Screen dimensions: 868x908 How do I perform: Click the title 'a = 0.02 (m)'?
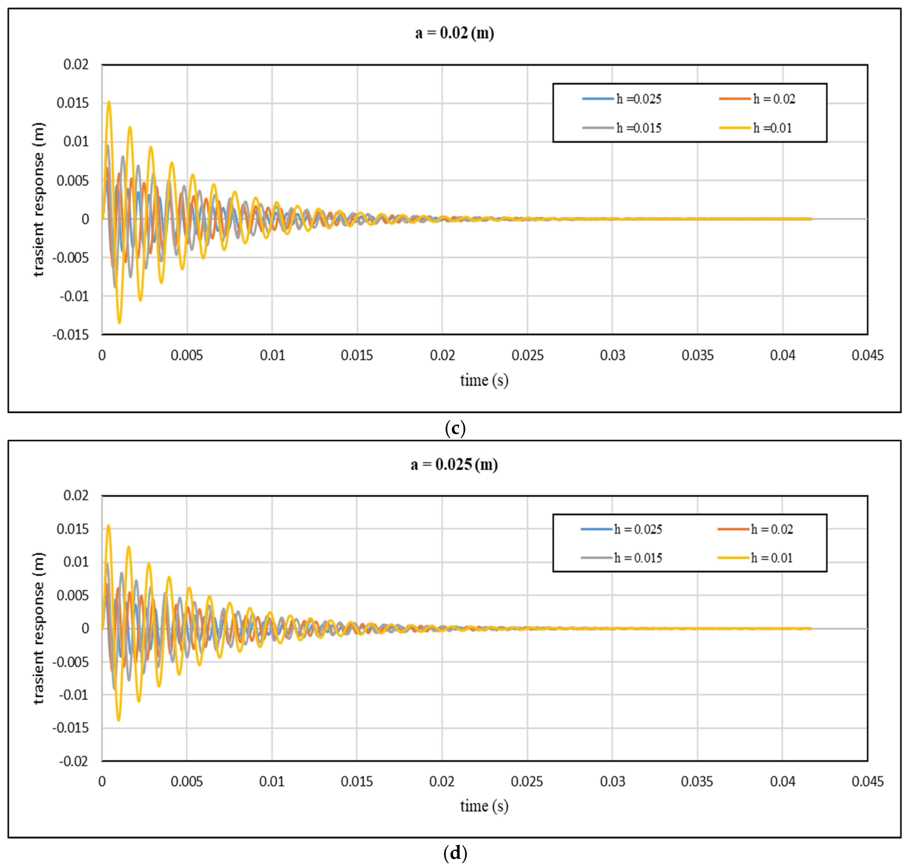[454, 33]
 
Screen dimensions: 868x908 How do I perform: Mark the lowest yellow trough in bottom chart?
[118, 720]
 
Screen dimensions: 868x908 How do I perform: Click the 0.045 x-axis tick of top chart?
[867, 355]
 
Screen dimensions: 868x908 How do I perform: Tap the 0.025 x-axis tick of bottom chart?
[527, 782]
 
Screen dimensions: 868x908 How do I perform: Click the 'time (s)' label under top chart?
[484, 380]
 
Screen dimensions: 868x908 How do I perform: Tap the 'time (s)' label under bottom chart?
[484, 806]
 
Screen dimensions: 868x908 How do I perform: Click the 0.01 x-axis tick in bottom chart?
[272, 782]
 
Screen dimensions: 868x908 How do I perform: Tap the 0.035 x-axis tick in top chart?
[697, 355]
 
